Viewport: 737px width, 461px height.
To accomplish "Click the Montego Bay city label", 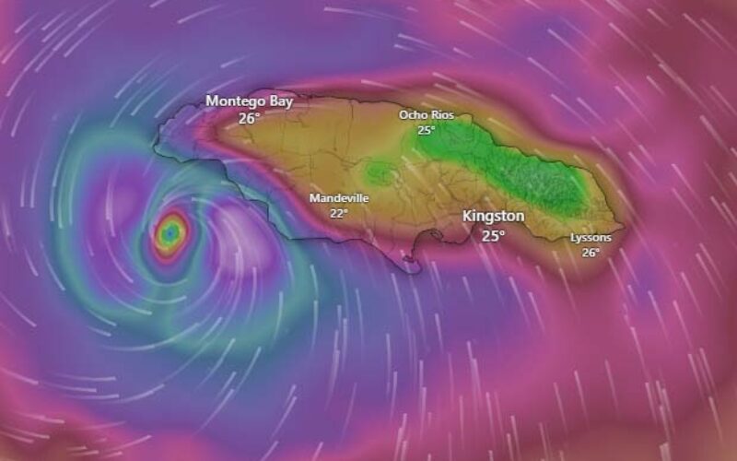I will (249, 101).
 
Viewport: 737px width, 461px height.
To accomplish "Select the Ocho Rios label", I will (426, 115).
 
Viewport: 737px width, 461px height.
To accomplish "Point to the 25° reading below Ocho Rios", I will (426, 130).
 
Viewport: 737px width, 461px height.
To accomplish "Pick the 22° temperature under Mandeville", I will (339, 213).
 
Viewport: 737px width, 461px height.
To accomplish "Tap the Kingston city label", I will (493, 216).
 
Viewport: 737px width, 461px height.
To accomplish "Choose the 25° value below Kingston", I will (493, 235).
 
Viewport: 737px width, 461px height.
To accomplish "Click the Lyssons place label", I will (591, 238).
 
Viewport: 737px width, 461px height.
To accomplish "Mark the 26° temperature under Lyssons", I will (591, 252).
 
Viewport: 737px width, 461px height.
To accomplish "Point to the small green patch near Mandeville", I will (378, 171).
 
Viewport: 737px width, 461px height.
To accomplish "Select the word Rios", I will (439, 115).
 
